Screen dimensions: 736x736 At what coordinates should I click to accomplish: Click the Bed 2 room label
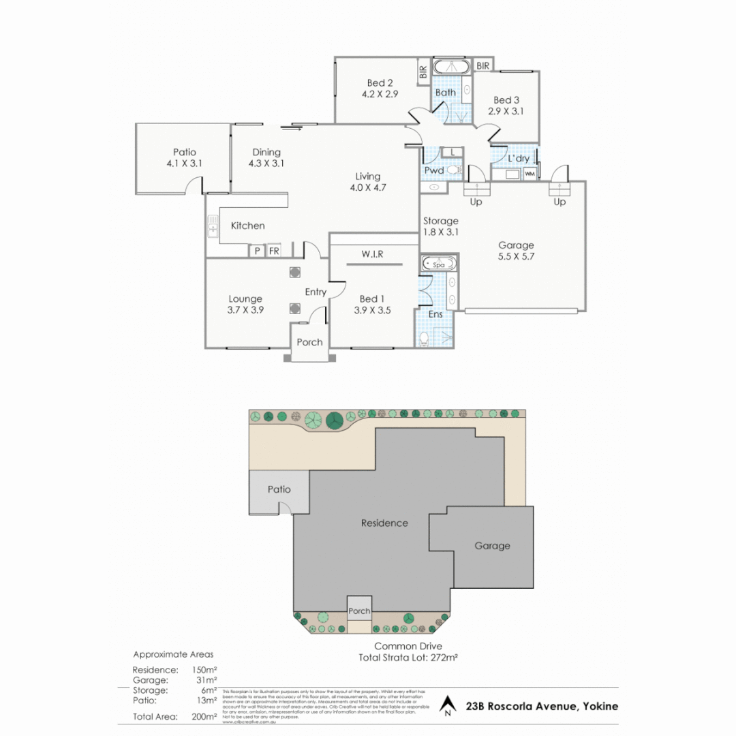point(380,83)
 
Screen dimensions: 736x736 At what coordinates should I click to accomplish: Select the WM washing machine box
point(530,174)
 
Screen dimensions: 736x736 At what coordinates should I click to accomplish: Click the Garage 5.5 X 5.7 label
point(516,251)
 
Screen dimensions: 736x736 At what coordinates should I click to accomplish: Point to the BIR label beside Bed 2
point(423,71)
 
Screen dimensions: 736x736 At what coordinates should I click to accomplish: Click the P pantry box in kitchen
point(257,251)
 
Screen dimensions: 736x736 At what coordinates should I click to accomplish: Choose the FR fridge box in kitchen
point(274,251)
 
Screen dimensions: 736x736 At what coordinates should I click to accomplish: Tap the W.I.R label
point(372,254)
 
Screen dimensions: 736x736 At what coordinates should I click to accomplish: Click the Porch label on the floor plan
point(310,342)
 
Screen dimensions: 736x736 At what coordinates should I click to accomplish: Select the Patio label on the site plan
point(279,489)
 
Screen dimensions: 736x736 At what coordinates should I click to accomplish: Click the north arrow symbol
point(447,705)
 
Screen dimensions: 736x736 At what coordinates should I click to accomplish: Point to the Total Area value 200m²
point(204,716)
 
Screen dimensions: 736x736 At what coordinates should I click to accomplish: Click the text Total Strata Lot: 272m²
point(408,658)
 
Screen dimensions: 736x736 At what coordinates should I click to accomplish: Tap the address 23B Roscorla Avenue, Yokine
point(543,706)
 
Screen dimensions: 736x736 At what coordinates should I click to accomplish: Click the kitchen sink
point(213,230)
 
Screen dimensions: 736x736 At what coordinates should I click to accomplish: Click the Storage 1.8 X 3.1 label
point(440,226)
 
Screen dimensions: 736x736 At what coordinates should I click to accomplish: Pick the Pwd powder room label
point(433,170)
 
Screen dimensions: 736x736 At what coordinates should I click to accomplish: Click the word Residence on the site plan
point(384,523)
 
